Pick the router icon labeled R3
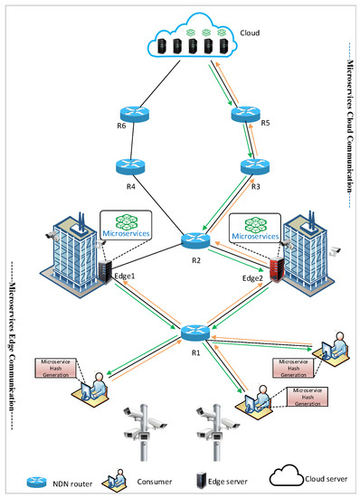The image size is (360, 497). click(252, 167)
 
